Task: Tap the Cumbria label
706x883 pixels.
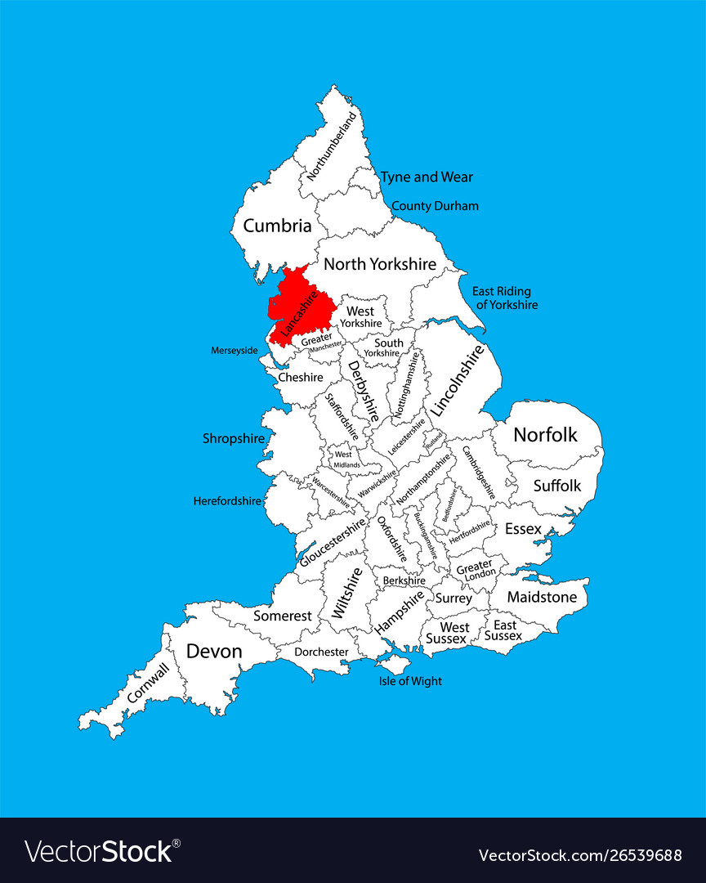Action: [x=277, y=226]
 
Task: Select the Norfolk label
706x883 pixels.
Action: [x=545, y=434]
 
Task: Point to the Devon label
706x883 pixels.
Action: [x=214, y=651]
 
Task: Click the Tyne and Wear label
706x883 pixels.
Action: [x=427, y=177]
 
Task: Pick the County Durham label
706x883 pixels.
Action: [x=435, y=206]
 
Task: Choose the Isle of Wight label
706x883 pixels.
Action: [x=410, y=680]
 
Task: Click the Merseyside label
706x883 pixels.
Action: [x=235, y=350]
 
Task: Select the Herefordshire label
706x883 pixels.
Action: [x=227, y=500]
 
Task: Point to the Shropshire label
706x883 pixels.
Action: [x=234, y=438]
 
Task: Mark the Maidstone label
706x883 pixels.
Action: [x=542, y=597]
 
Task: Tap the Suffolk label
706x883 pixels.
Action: [x=557, y=485]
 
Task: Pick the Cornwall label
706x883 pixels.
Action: [x=148, y=683]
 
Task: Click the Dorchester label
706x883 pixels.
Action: [x=322, y=652]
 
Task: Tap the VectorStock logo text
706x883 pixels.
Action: [x=99, y=851]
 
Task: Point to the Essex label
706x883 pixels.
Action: [x=523, y=529]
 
